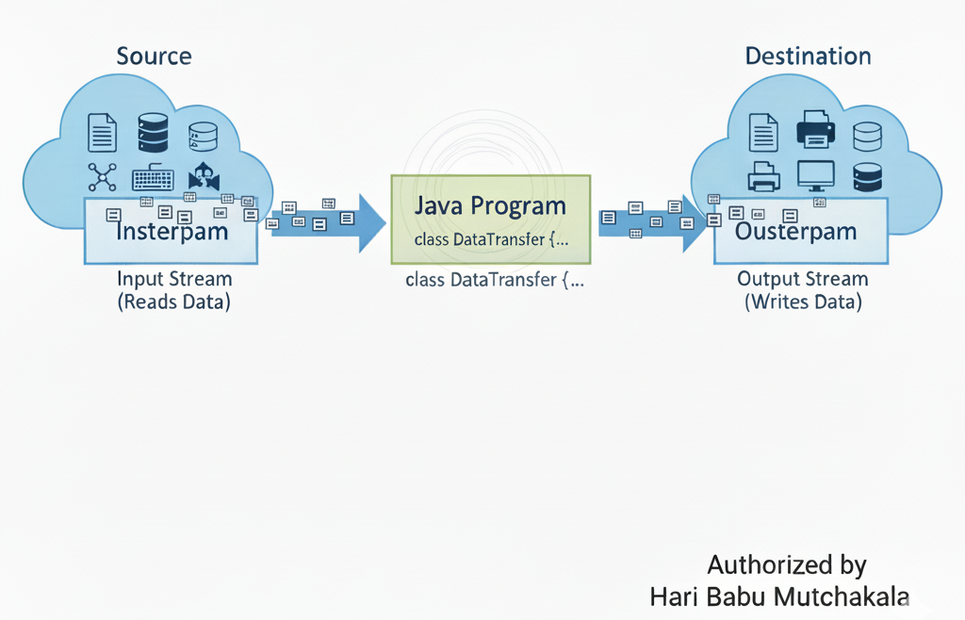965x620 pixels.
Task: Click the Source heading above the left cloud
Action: point(154,56)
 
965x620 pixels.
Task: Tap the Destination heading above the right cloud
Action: point(808,56)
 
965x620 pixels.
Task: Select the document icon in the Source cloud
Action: point(102,132)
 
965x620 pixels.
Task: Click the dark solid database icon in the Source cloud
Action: point(153,132)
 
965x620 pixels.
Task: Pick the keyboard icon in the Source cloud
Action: point(153,178)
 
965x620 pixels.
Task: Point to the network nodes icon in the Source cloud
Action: point(101,177)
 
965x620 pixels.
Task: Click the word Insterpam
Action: point(172,231)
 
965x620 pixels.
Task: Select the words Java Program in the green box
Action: point(491,205)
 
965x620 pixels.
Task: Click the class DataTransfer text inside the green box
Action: point(491,239)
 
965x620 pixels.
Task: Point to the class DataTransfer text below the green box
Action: point(494,280)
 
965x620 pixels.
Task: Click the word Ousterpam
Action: point(795,231)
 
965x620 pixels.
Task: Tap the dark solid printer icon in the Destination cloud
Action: point(814,129)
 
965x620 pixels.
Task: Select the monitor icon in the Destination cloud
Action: point(815,175)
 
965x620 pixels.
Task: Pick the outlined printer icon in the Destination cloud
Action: point(763,176)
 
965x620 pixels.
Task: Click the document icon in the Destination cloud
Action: point(763,132)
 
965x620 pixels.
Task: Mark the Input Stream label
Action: point(174,279)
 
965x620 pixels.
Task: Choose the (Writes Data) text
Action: point(803,302)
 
